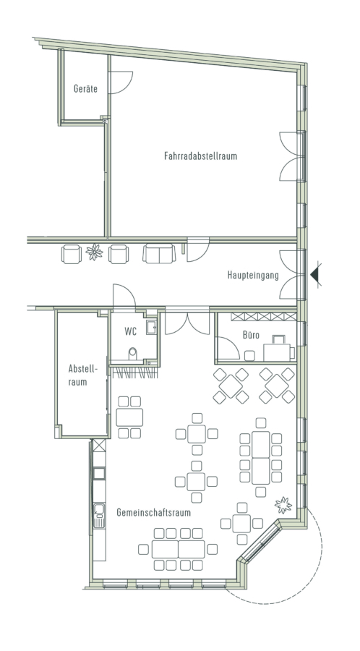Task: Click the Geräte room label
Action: pyautogui.click(x=85, y=88)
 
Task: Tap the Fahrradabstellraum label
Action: pyautogui.click(x=201, y=156)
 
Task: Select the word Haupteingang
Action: pyautogui.click(x=253, y=276)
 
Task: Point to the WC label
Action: pyautogui.click(x=130, y=332)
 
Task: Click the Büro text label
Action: pyautogui.click(x=252, y=335)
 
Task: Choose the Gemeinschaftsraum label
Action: pyautogui.click(x=153, y=512)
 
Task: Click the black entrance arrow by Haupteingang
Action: pyautogui.click(x=315, y=274)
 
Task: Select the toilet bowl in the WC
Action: pyautogui.click(x=133, y=354)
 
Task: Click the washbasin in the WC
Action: pyautogui.click(x=151, y=327)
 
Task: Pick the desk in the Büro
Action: pyautogui.click(x=277, y=352)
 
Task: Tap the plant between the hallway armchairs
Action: pyautogui.click(x=95, y=252)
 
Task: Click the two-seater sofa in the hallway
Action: pyautogui.click(x=159, y=254)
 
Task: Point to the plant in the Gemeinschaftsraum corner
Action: pyautogui.click(x=283, y=505)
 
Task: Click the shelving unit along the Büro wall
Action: pyautogui.click(x=264, y=317)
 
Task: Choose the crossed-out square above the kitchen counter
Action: pyautogui.click(x=99, y=445)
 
